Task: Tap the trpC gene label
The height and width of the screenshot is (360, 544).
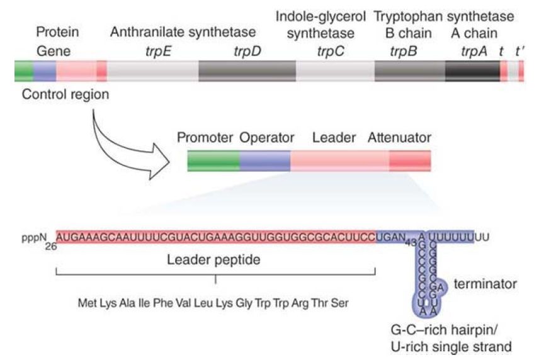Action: click(x=331, y=50)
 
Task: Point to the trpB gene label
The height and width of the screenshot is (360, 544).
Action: click(x=403, y=50)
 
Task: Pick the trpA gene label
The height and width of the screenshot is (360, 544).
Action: click(x=474, y=50)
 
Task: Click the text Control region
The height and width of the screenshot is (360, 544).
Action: click(x=65, y=94)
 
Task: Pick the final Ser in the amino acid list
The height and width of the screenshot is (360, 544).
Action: click(x=341, y=303)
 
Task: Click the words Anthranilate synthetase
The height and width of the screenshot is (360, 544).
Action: click(x=183, y=32)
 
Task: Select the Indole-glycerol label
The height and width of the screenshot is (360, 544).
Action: click(x=321, y=16)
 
